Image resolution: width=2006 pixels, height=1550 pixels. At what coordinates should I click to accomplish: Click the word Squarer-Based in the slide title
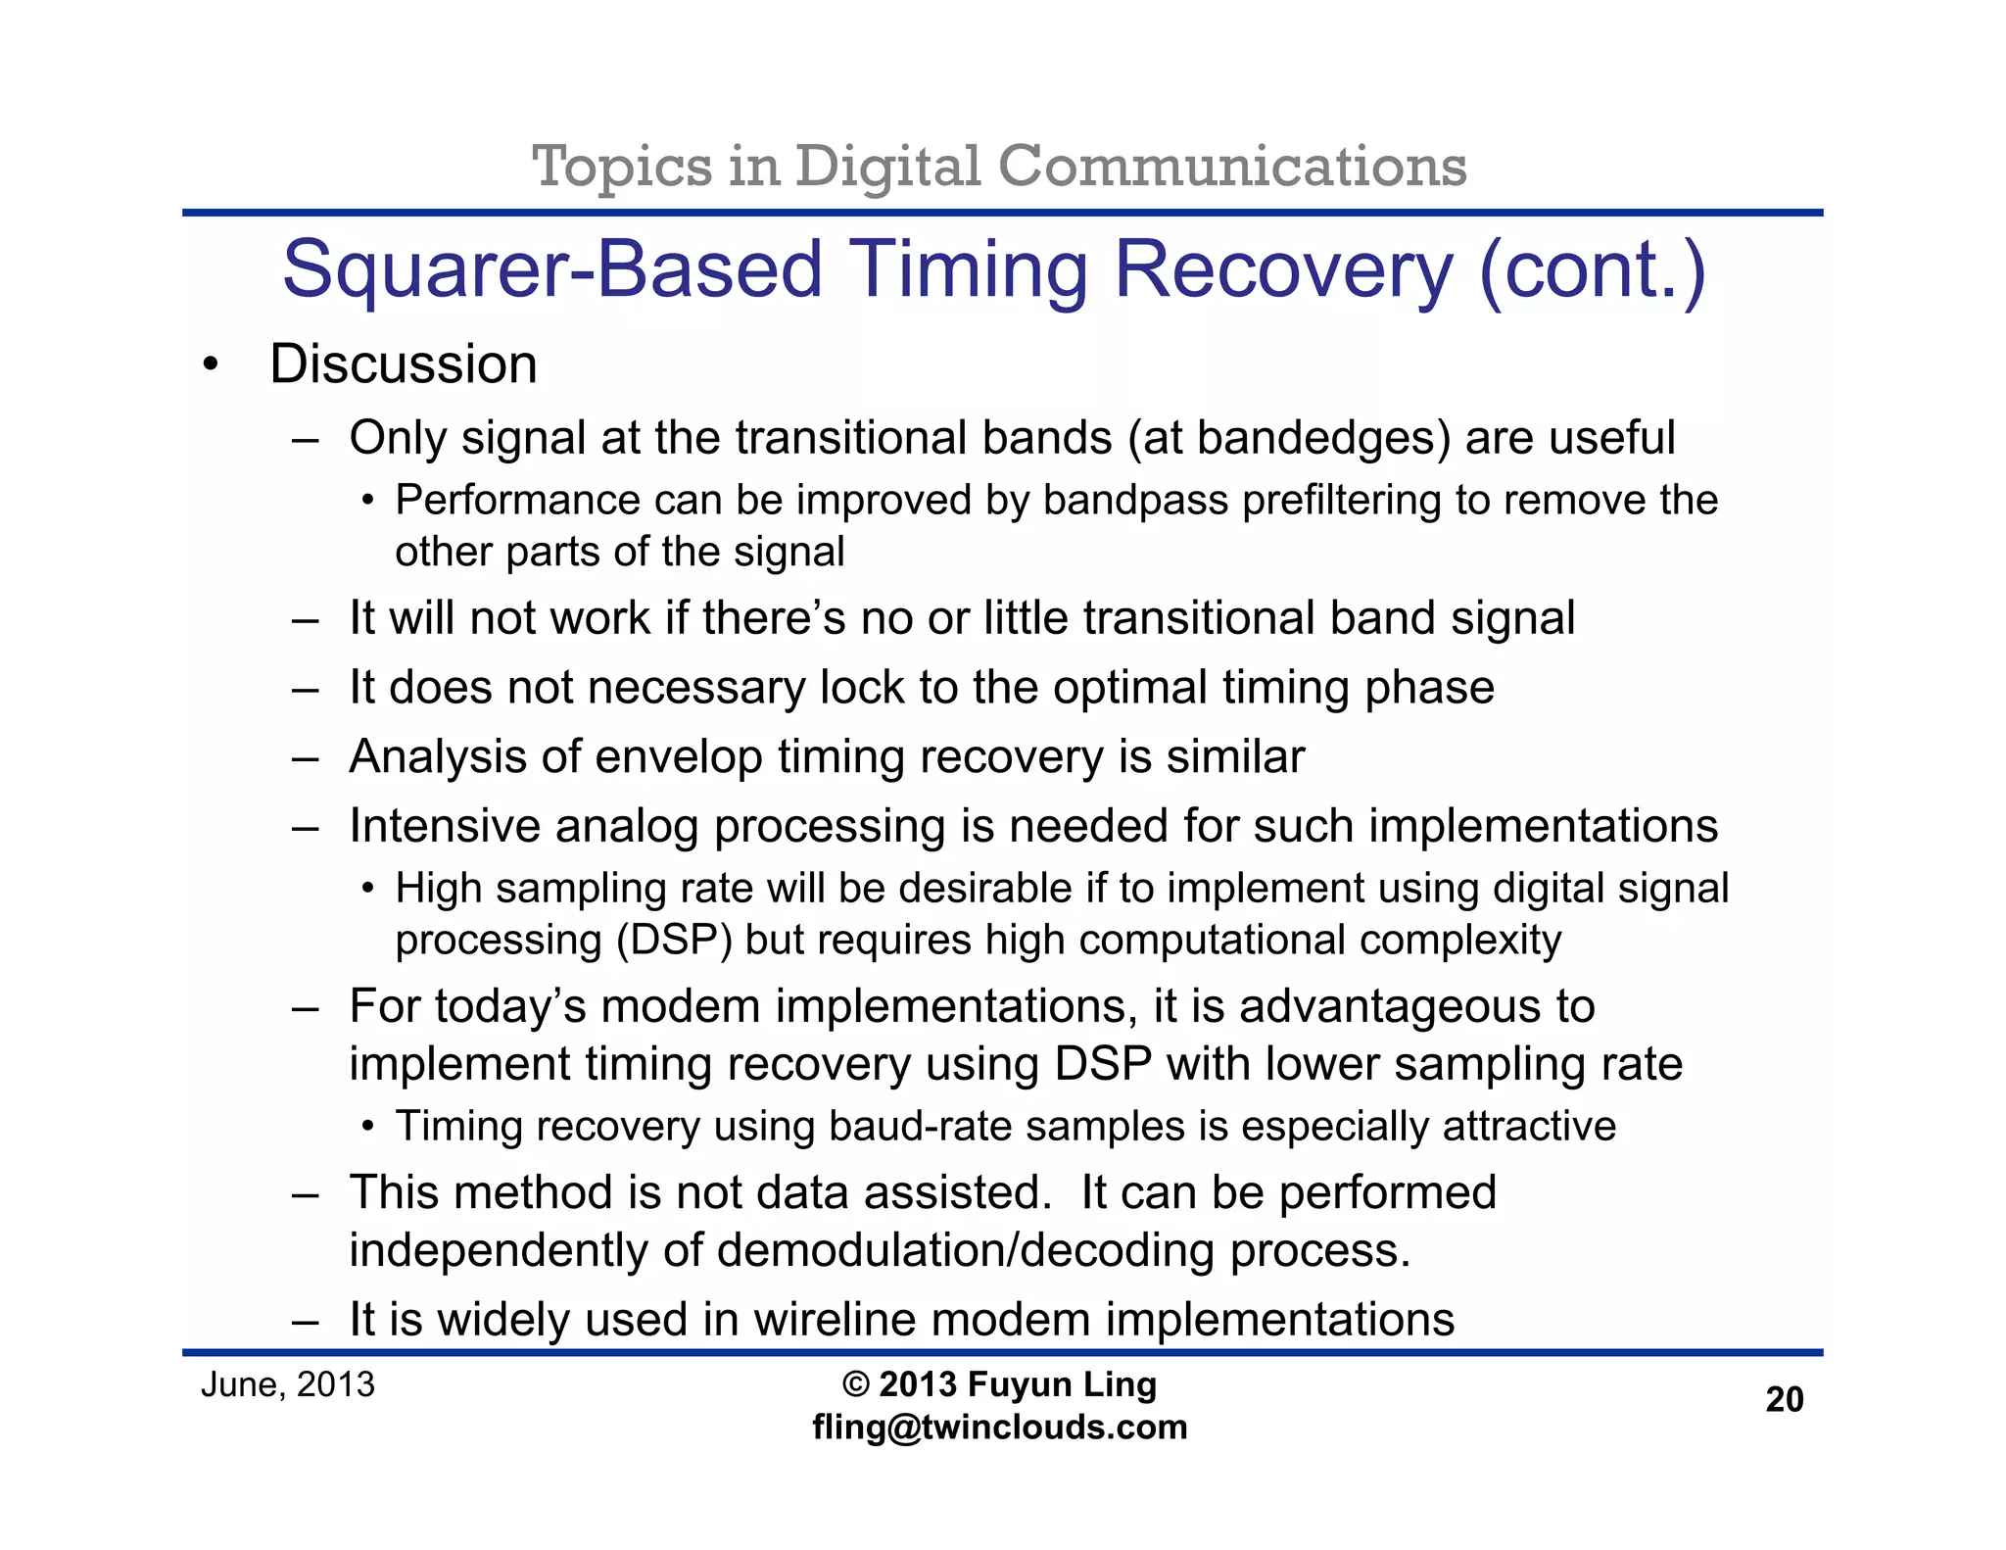point(551,271)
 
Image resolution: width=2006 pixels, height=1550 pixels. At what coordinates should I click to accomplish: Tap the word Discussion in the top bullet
point(403,364)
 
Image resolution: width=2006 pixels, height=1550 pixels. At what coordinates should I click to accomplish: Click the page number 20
point(1784,1399)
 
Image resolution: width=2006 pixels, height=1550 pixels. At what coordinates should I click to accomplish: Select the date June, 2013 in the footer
point(288,1384)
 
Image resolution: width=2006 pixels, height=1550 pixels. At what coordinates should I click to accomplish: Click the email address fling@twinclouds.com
point(999,1427)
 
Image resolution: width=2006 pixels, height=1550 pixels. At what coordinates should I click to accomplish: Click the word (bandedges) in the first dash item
point(1289,438)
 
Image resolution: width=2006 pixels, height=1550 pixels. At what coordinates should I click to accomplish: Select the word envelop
point(678,757)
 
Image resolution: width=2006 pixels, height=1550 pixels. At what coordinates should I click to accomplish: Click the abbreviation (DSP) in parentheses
point(674,941)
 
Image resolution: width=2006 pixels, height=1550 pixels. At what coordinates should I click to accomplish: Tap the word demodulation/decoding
point(965,1251)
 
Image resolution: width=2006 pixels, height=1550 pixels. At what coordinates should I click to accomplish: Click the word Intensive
point(445,826)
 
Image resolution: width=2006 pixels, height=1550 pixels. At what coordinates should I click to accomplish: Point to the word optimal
point(1129,688)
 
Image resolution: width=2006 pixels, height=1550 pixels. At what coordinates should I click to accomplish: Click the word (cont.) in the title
point(1592,271)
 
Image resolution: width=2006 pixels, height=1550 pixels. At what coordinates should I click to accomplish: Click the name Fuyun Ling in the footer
point(1062,1384)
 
